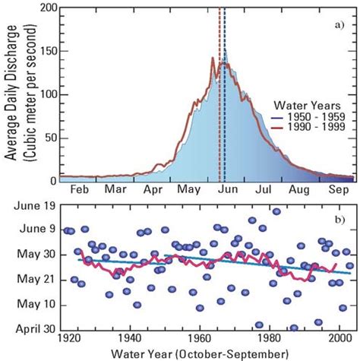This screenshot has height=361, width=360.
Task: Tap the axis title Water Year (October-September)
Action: coord(200,353)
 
